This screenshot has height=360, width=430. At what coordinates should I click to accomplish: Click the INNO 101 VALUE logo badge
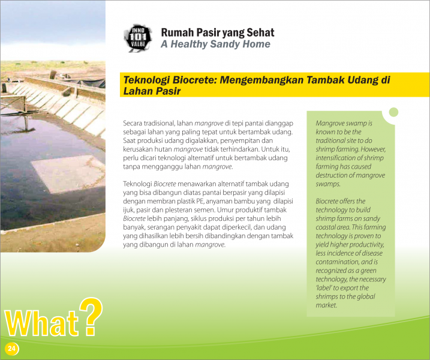(138, 38)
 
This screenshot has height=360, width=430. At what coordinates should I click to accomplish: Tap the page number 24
(11, 349)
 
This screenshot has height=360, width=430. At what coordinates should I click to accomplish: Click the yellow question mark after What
(91, 316)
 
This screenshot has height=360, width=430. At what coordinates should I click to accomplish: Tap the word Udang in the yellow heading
(363, 80)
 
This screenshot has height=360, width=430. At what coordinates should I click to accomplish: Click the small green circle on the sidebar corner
(393, 112)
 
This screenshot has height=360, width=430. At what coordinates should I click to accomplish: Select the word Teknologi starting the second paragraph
(137, 184)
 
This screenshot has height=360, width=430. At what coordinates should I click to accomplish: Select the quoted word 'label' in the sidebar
(324, 288)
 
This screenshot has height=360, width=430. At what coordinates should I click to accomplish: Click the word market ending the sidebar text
(326, 305)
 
